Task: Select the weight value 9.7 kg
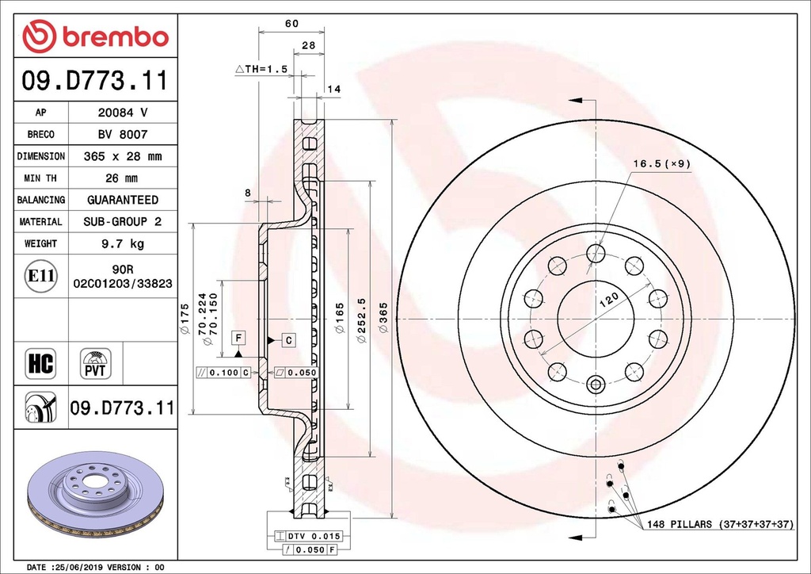point(122,243)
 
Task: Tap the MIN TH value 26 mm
point(122,178)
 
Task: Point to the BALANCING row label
point(41,200)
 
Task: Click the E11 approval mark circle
point(40,276)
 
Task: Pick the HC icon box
point(40,363)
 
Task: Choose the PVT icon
point(96,363)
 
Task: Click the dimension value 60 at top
point(291,24)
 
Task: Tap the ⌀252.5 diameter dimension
point(361,321)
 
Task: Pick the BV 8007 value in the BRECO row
point(122,135)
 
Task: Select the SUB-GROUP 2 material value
point(122,222)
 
